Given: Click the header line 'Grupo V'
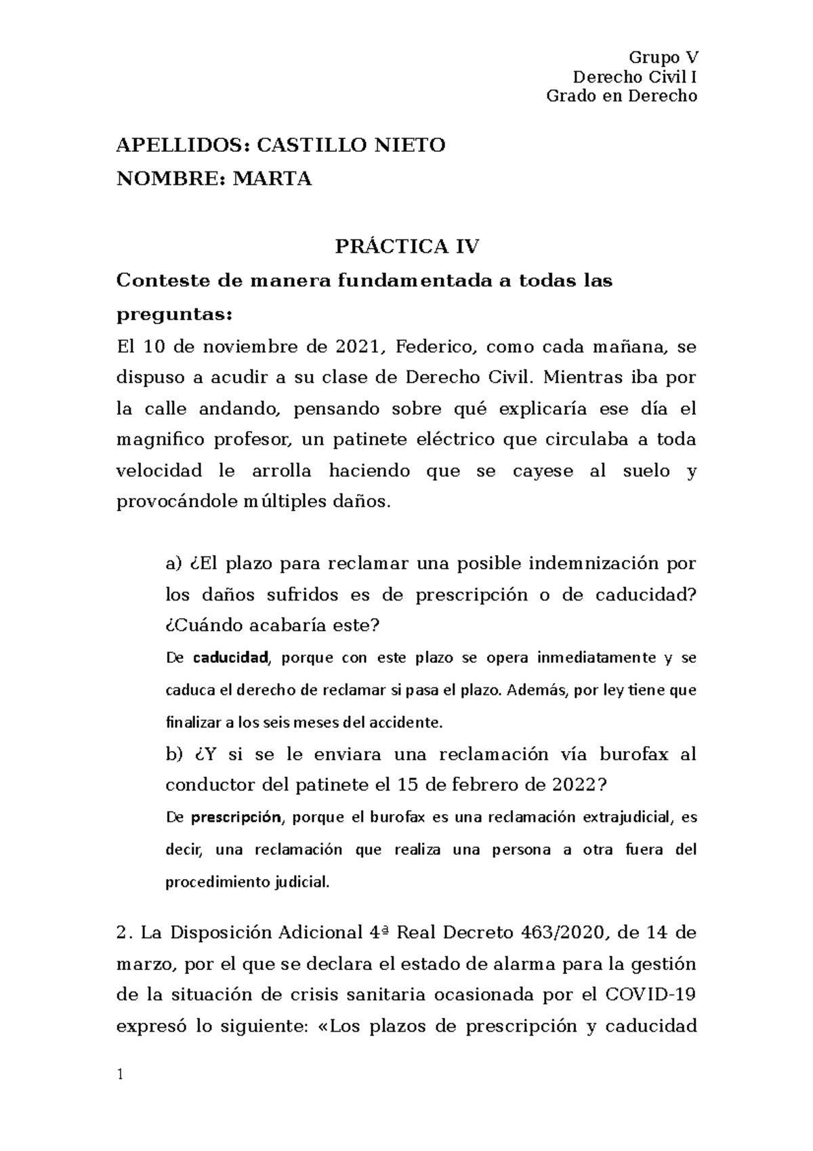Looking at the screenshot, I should [663, 57].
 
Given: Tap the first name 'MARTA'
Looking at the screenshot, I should [272, 179].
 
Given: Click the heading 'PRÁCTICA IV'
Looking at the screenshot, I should [407, 246].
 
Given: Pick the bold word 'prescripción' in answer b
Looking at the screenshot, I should [236, 817].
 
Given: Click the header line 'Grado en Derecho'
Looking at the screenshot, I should [621, 96].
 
